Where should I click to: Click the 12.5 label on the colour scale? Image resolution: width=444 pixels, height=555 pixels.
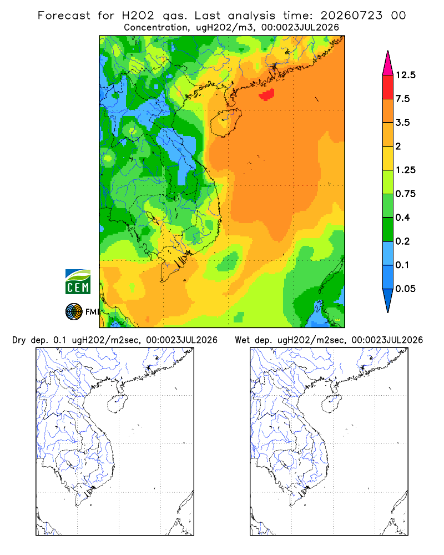point(406,75)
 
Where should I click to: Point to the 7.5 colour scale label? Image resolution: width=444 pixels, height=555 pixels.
point(402,99)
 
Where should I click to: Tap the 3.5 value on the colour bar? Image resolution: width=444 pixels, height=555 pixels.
point(402,123)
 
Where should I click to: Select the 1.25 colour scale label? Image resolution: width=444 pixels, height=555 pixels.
point(406,170)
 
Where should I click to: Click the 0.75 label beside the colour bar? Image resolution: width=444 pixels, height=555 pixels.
point(406,194)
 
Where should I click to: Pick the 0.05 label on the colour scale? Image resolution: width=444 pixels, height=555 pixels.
point(406,289)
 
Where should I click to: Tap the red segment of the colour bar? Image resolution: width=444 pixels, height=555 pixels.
point(388,87)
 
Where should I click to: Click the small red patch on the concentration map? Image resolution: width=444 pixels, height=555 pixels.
point(266,94)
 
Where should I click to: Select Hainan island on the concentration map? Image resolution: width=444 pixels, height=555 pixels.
point(225,122)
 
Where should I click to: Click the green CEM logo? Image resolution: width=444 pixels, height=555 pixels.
point(78,282)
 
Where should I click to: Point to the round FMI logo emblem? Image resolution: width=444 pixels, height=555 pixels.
point(74,311)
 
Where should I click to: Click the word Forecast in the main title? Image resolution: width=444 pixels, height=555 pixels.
point(64,16)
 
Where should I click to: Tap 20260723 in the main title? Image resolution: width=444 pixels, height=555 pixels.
point(351,16)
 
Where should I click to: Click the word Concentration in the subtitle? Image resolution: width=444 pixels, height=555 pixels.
point(156,28)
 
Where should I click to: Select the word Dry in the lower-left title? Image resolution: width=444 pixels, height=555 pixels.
point(19,340)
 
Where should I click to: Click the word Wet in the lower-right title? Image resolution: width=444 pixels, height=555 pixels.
point(243,340)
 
